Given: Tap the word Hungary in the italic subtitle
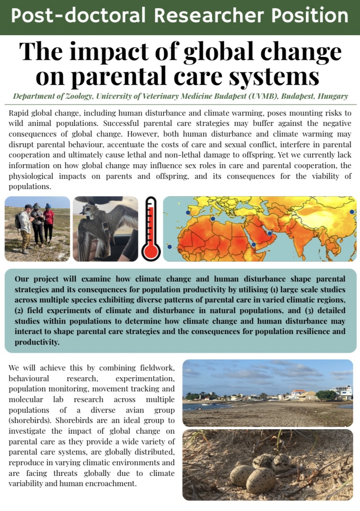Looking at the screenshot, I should (333, 96).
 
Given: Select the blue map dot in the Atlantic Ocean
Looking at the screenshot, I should (169, 246).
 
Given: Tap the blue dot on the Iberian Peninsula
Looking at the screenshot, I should (187, 213).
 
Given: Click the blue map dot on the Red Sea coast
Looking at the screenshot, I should (254, 244).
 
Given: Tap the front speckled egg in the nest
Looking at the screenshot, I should (260, 480).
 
